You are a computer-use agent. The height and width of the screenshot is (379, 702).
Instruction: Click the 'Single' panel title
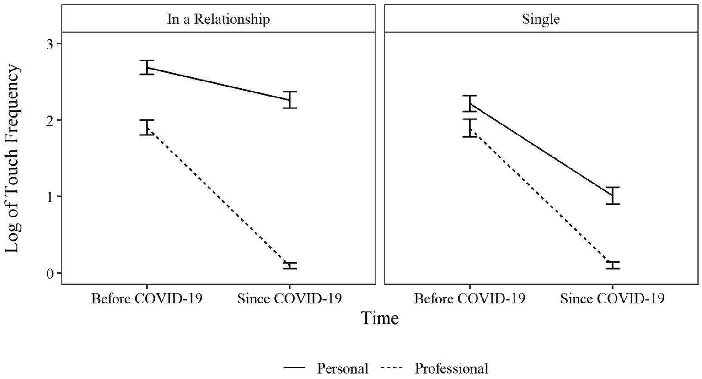pyautogui.click(x=541, y=19)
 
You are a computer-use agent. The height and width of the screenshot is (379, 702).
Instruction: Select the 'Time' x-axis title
pyautogui.click(x=380, y=318)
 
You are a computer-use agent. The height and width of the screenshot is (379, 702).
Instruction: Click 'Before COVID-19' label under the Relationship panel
pyautogui.click(x=147, y=299)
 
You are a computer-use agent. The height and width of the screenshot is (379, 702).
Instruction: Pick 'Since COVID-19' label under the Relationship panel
pyautogui.click(x=289, y=299)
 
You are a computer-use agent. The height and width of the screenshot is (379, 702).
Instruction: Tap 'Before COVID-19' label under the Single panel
pyautogui.click(x=470, y=299)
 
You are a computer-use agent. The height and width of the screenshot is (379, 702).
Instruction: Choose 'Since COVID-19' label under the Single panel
pyautogui.click(x=612, y=299)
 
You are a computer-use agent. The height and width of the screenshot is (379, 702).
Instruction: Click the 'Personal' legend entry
pyautogui.click(x=343, y=368)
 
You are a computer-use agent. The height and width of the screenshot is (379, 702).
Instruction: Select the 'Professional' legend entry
pyautogui.click(x=451, y=368)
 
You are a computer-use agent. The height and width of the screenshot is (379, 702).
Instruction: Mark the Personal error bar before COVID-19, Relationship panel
pyautogui.click(x=147, y=67)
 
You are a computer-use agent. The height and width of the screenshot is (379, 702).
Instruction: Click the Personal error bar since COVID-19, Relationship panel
pyautogui.click(x=289, y=100)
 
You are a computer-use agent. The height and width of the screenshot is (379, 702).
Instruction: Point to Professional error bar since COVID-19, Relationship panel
pyautogui.click(x=289, y=265)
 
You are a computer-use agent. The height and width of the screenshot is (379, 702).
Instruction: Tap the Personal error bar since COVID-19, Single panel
pyautogui.click(x=612, y=195)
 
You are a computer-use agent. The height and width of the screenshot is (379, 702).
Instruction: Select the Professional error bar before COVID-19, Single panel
pyautogui.click(x=470, y=128)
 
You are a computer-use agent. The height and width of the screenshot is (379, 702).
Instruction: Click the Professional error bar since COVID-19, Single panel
pyautogui.click(x=612, y=265)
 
